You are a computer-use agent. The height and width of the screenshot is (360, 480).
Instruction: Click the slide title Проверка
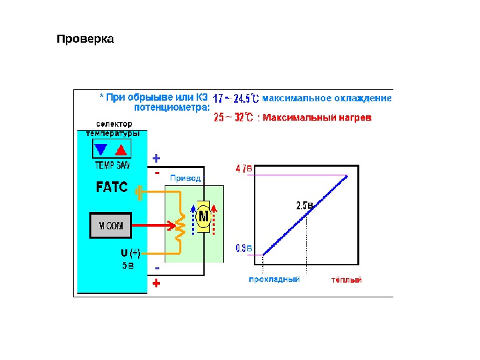(85, 39)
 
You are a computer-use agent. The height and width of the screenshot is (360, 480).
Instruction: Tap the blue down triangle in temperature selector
(101, 149)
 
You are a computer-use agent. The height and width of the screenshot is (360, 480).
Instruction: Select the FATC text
(111, 187)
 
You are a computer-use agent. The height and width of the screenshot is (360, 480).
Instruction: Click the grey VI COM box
(111, 225)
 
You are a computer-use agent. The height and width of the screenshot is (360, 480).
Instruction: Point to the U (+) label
(130, 253)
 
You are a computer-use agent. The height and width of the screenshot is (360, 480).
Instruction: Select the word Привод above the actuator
(185, 178)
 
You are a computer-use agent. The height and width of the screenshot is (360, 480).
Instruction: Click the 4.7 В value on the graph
(245, 169)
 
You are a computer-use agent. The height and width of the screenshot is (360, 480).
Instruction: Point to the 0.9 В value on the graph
(245, 249)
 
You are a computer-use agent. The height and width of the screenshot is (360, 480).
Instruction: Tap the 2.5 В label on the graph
(304, 205)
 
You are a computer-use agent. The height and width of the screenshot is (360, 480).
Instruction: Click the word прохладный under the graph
(274, 280)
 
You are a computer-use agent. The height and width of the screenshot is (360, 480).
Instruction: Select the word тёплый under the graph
(347, 280)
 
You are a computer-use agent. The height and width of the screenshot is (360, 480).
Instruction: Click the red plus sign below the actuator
(157, 283)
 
